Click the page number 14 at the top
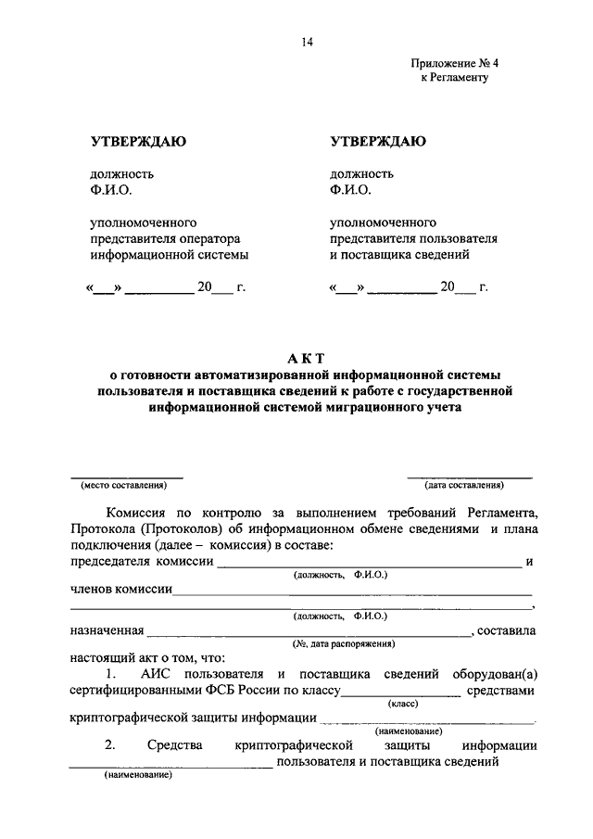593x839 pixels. pos(307,42)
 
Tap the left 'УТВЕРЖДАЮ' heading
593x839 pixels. pos(137,142)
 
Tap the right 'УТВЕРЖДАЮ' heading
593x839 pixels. pos(377,142)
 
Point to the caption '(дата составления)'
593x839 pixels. pos(464,485)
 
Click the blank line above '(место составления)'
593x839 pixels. pos(127,477)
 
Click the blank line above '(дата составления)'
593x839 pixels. pos(470,477)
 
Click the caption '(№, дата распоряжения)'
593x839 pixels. pos(343,643)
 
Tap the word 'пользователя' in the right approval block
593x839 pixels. pos(464,238)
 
